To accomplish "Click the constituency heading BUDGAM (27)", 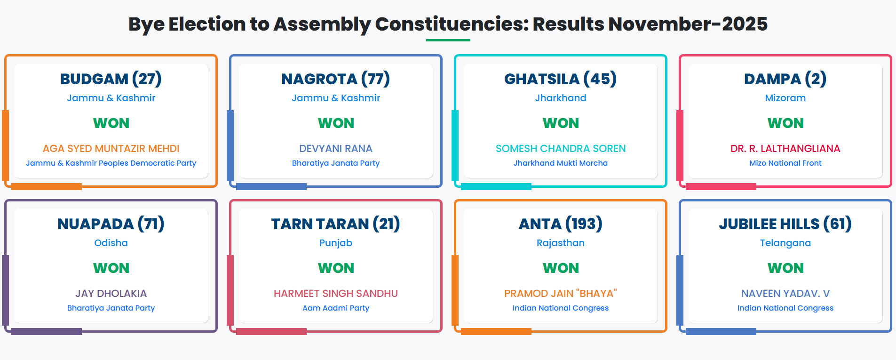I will point(111,79).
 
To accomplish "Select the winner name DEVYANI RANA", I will point(335,149).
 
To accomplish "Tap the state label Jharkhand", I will point(560,98).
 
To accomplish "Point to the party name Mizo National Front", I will point(785,163).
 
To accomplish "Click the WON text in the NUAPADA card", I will point(111,268).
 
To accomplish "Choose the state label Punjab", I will point(335,243).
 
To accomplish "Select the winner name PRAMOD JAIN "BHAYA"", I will point(560,294).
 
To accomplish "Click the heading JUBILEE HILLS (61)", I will point(785,224).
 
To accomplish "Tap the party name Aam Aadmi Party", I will point(335,308).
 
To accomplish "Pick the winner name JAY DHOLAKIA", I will point(111,294).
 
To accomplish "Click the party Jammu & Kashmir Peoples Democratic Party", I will point(111,163).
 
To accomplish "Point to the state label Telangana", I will point(785,243).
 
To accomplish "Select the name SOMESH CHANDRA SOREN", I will point(560,149).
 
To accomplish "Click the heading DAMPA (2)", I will point(785,79).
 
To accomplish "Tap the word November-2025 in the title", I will point(688,24).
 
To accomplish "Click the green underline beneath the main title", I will point(448,40).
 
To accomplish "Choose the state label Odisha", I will point(111,243).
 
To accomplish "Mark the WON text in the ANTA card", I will point(560,268).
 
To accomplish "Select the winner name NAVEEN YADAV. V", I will point(785,294).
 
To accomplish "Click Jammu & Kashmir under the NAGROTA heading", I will point(335,98).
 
